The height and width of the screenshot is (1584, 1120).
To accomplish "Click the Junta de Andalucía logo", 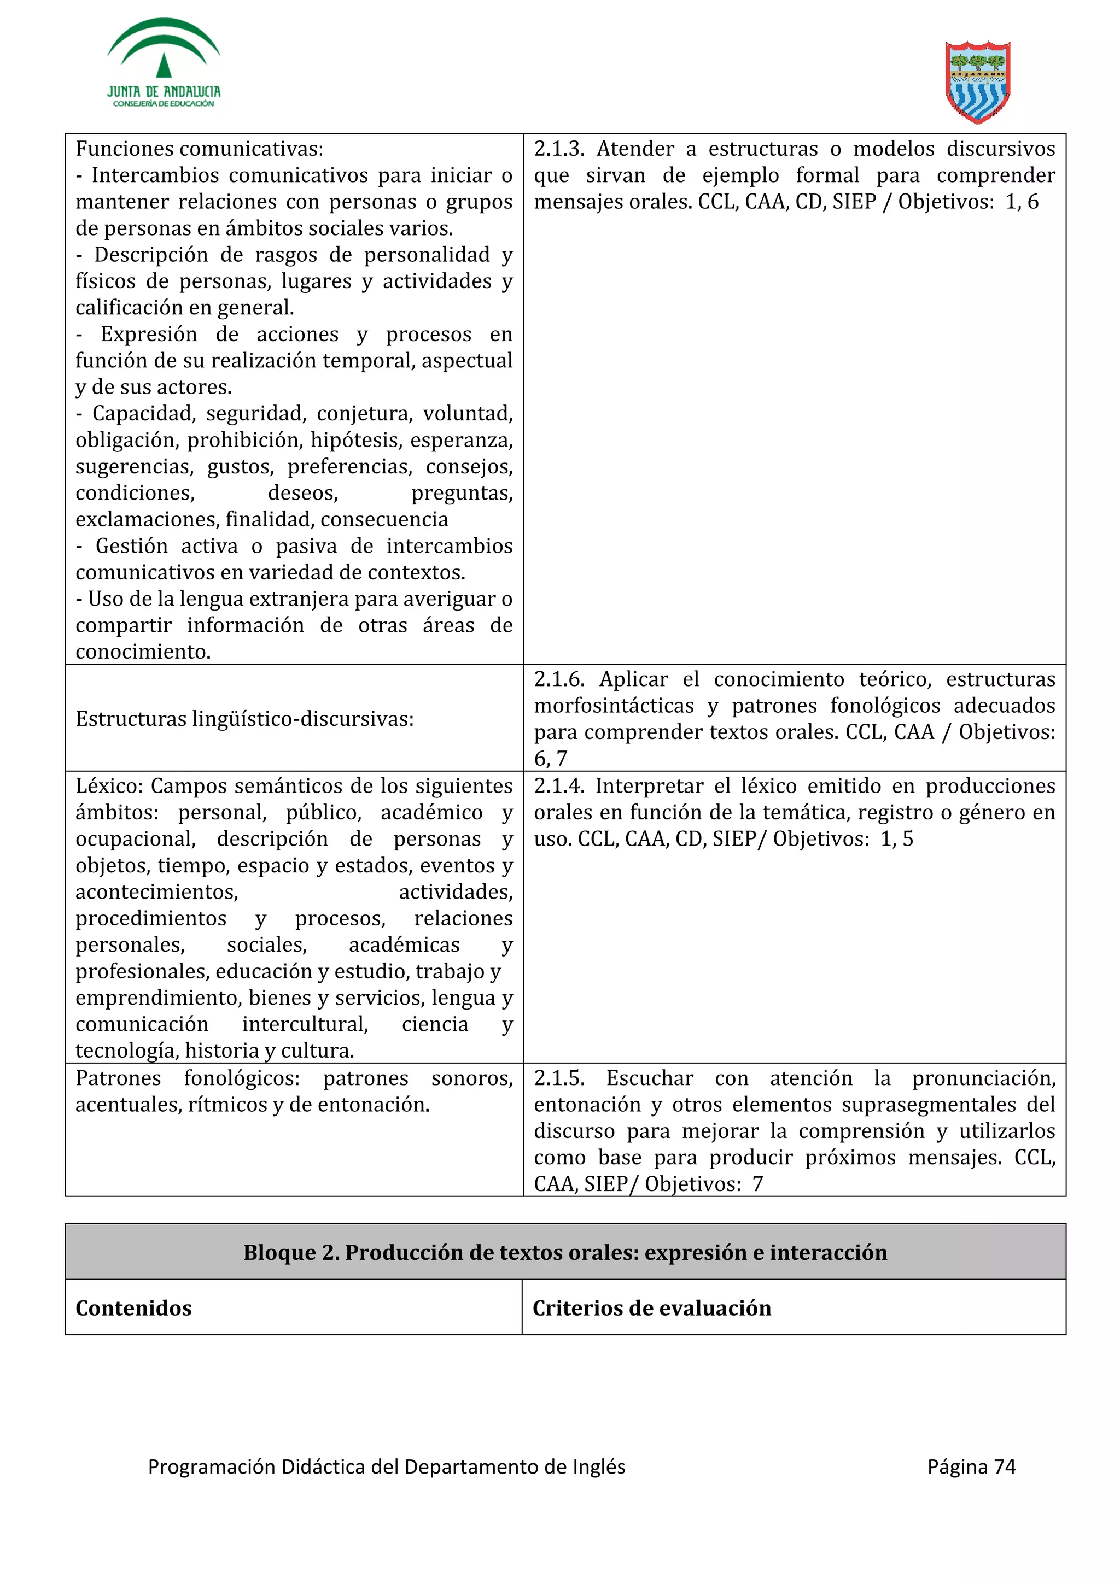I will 164,63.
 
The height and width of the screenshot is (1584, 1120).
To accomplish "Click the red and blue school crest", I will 977,81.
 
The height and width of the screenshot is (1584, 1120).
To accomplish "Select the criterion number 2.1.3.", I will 558,149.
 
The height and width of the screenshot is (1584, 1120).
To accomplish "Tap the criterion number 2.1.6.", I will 558,679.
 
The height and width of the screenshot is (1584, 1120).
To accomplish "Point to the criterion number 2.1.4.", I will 558,787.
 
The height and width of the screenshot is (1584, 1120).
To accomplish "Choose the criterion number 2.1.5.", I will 558,1078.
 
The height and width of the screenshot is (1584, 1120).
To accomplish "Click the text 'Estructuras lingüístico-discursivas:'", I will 244,719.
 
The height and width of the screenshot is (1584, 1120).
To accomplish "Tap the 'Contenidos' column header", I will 133,1308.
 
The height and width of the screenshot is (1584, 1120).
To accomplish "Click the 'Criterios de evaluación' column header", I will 651,1308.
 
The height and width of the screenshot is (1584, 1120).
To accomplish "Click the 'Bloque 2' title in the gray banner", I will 564,1252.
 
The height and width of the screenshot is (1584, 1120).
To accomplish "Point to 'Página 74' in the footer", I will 971,1466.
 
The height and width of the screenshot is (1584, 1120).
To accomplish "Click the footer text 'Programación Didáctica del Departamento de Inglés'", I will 387,1466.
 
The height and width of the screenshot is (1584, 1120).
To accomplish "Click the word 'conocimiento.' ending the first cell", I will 143,652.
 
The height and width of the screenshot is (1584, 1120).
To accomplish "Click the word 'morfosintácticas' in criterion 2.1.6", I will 614,706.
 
